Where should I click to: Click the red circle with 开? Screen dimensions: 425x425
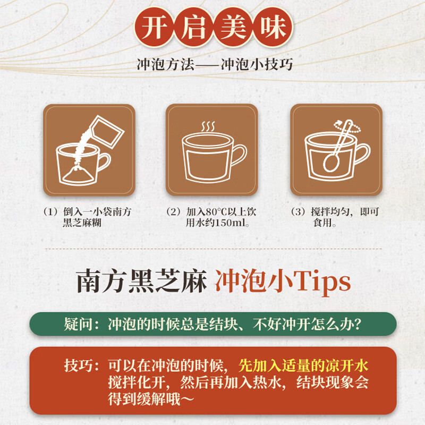point(154,27)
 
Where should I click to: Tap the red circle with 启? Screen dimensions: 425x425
point(193,27)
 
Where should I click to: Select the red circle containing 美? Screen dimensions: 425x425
point(233,27)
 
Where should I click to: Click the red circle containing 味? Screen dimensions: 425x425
point(273,27)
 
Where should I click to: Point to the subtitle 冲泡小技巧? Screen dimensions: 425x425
point(257,64)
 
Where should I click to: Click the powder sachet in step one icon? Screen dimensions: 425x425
point(107,132)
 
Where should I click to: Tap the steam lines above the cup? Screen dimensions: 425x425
point(208,126)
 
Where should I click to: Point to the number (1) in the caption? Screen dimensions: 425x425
point(50,211)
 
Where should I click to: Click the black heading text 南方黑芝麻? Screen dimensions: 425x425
point(142,281)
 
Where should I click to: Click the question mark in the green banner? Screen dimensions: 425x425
point(357,324)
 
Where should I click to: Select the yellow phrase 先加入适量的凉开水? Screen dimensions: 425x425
point(303,365)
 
